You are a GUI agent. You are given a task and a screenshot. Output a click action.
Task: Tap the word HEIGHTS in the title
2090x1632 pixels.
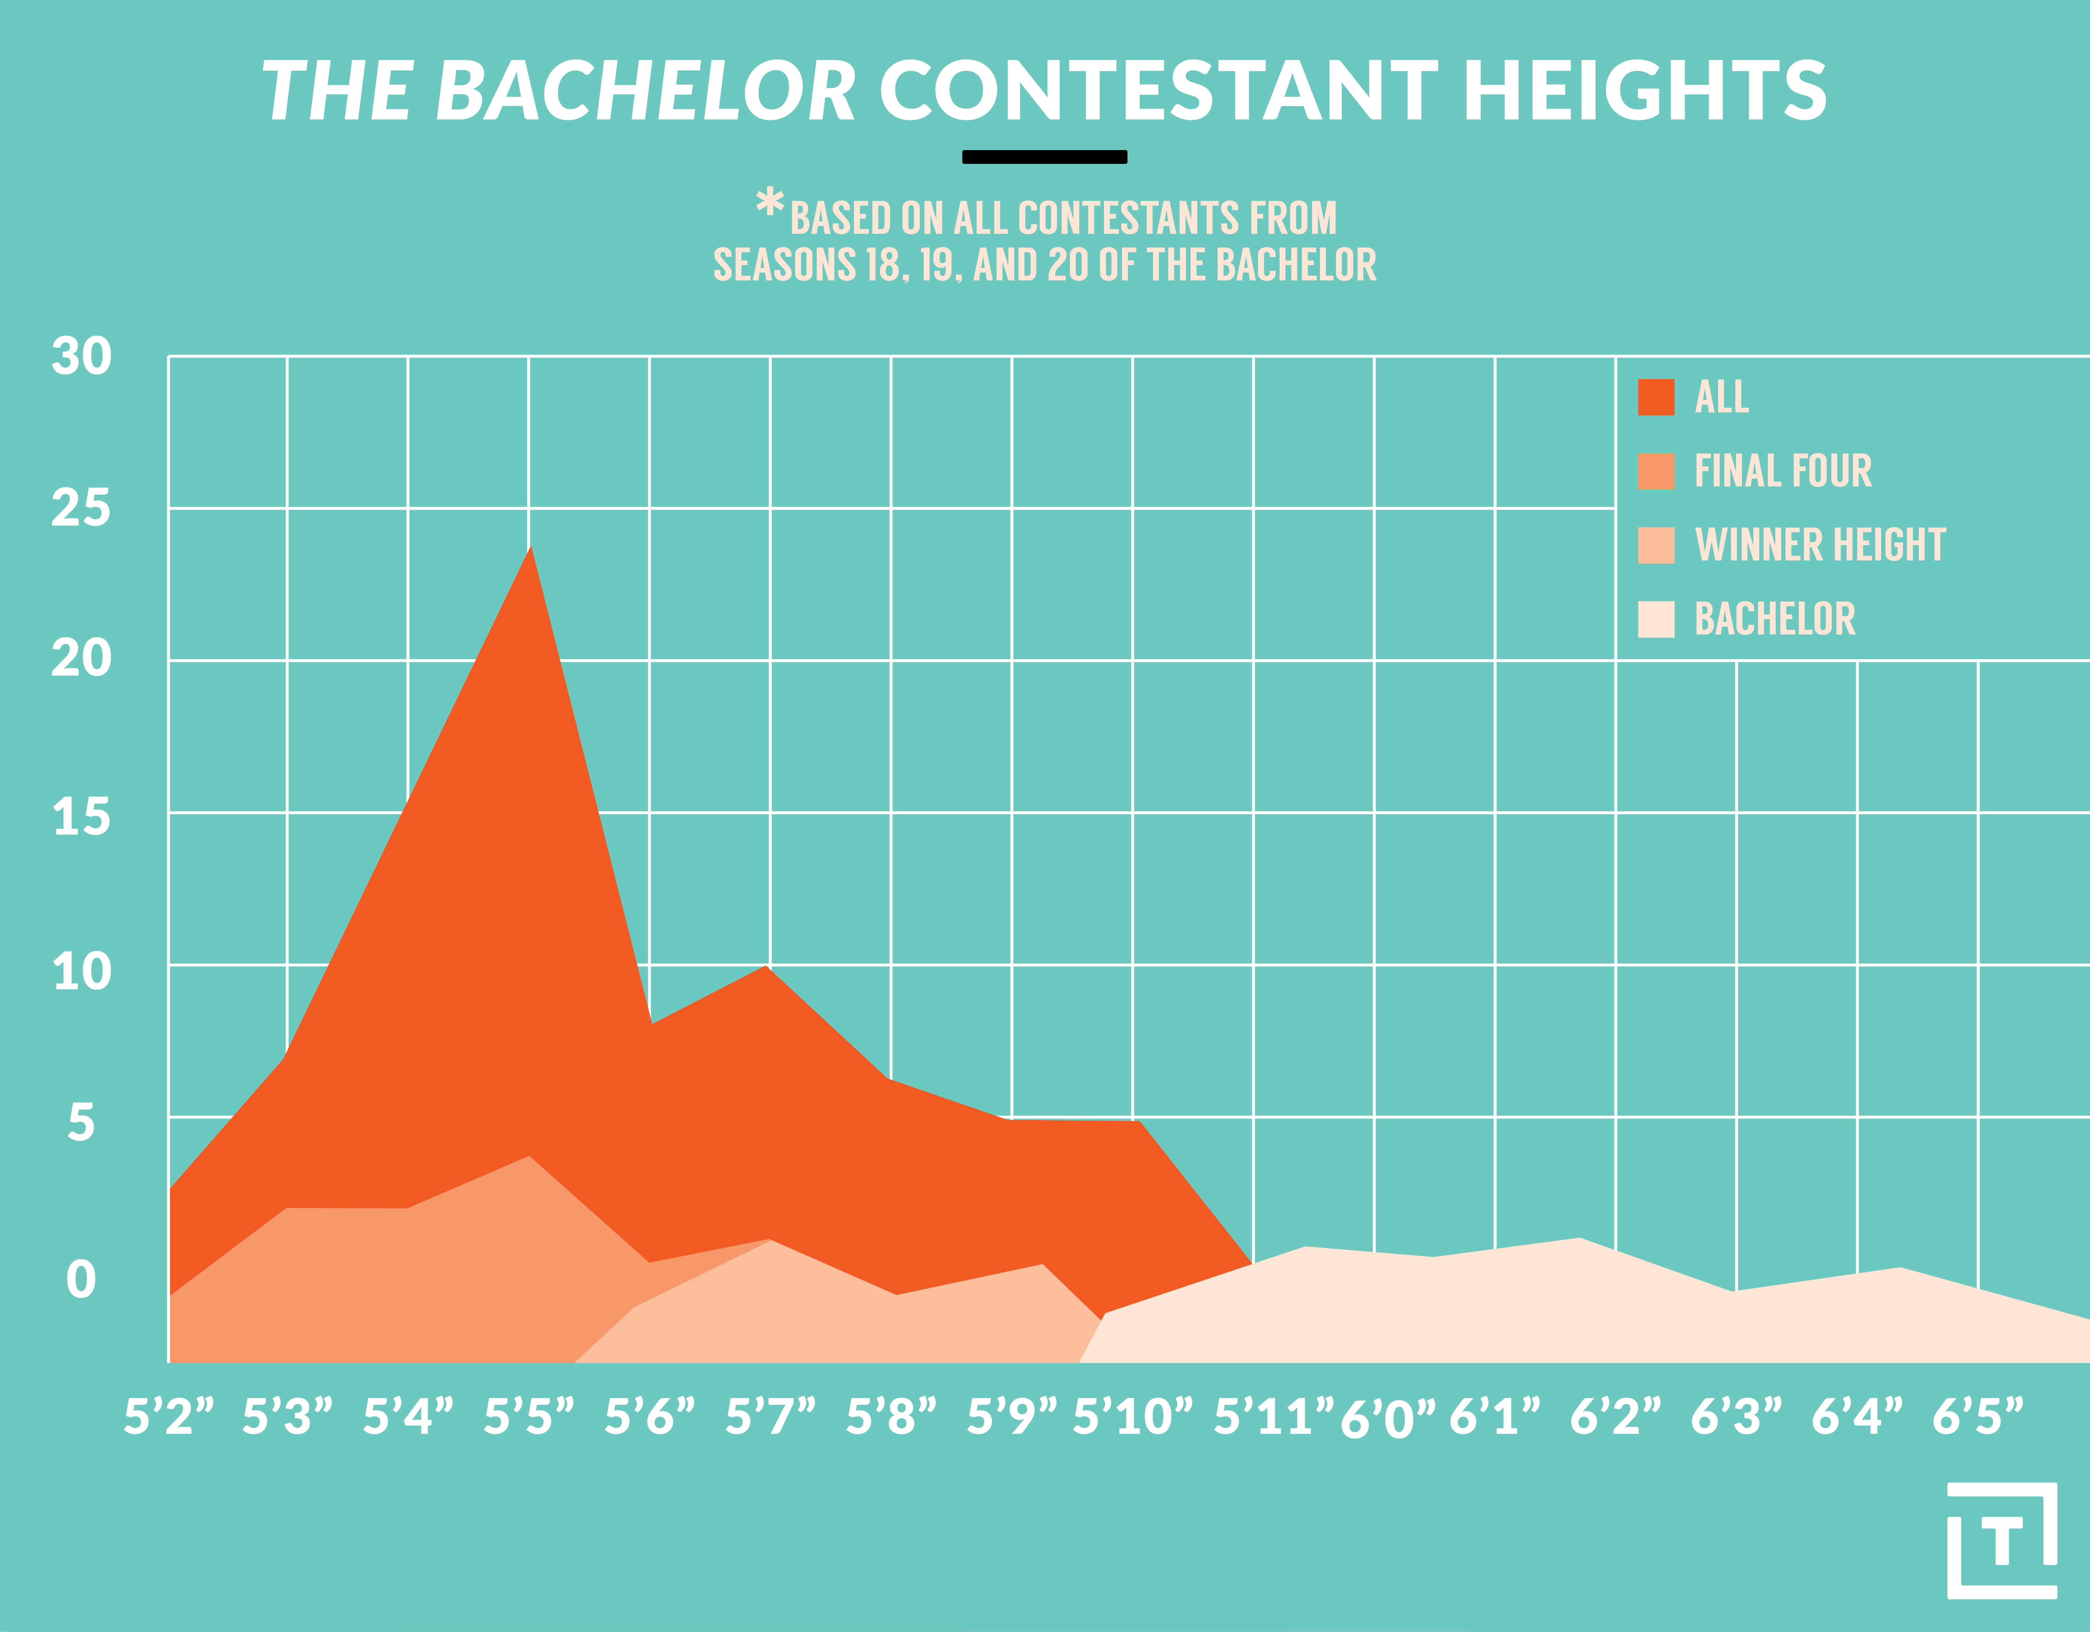point(1644,92)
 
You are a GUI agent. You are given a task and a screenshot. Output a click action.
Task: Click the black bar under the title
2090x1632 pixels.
point(1044,157)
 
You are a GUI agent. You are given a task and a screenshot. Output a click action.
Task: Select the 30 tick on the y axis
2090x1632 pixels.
point(82,357)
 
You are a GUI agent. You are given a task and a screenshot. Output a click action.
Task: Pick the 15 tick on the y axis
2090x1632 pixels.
point(82,818)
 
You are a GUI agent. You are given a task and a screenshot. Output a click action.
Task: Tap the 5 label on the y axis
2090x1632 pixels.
point(82,1122)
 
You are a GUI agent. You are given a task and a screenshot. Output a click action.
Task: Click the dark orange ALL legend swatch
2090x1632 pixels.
point(1655,397)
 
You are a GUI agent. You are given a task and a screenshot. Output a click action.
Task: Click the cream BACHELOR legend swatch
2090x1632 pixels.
point(1655,619)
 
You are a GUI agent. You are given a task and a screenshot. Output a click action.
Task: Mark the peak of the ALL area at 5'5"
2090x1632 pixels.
point(530,548)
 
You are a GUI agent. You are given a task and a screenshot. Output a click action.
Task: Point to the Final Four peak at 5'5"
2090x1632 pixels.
point(528,1157)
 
